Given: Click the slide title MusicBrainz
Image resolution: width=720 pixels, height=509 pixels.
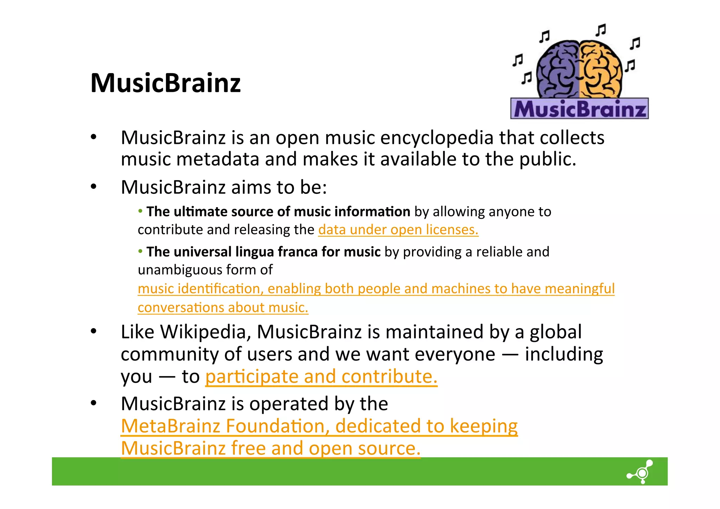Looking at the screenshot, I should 165,83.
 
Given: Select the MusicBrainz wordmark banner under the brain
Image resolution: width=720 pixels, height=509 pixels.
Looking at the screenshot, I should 579,109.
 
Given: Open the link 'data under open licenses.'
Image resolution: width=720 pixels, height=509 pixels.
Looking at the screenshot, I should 398,230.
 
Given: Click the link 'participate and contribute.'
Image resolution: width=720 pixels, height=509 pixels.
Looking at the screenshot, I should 321,376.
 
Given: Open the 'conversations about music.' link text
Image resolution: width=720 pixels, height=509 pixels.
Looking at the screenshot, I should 223,307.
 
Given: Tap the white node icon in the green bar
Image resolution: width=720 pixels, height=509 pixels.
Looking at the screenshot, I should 641,472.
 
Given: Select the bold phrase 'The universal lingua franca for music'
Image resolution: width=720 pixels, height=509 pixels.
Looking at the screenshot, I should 263,252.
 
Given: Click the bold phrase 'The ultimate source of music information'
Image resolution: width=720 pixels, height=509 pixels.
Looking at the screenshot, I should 278,212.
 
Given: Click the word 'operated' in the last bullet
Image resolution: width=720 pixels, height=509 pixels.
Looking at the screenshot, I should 289,403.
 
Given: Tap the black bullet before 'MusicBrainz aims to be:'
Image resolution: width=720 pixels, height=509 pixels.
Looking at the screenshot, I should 93,187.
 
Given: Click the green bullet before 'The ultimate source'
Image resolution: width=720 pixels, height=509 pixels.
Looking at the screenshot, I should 140,211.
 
